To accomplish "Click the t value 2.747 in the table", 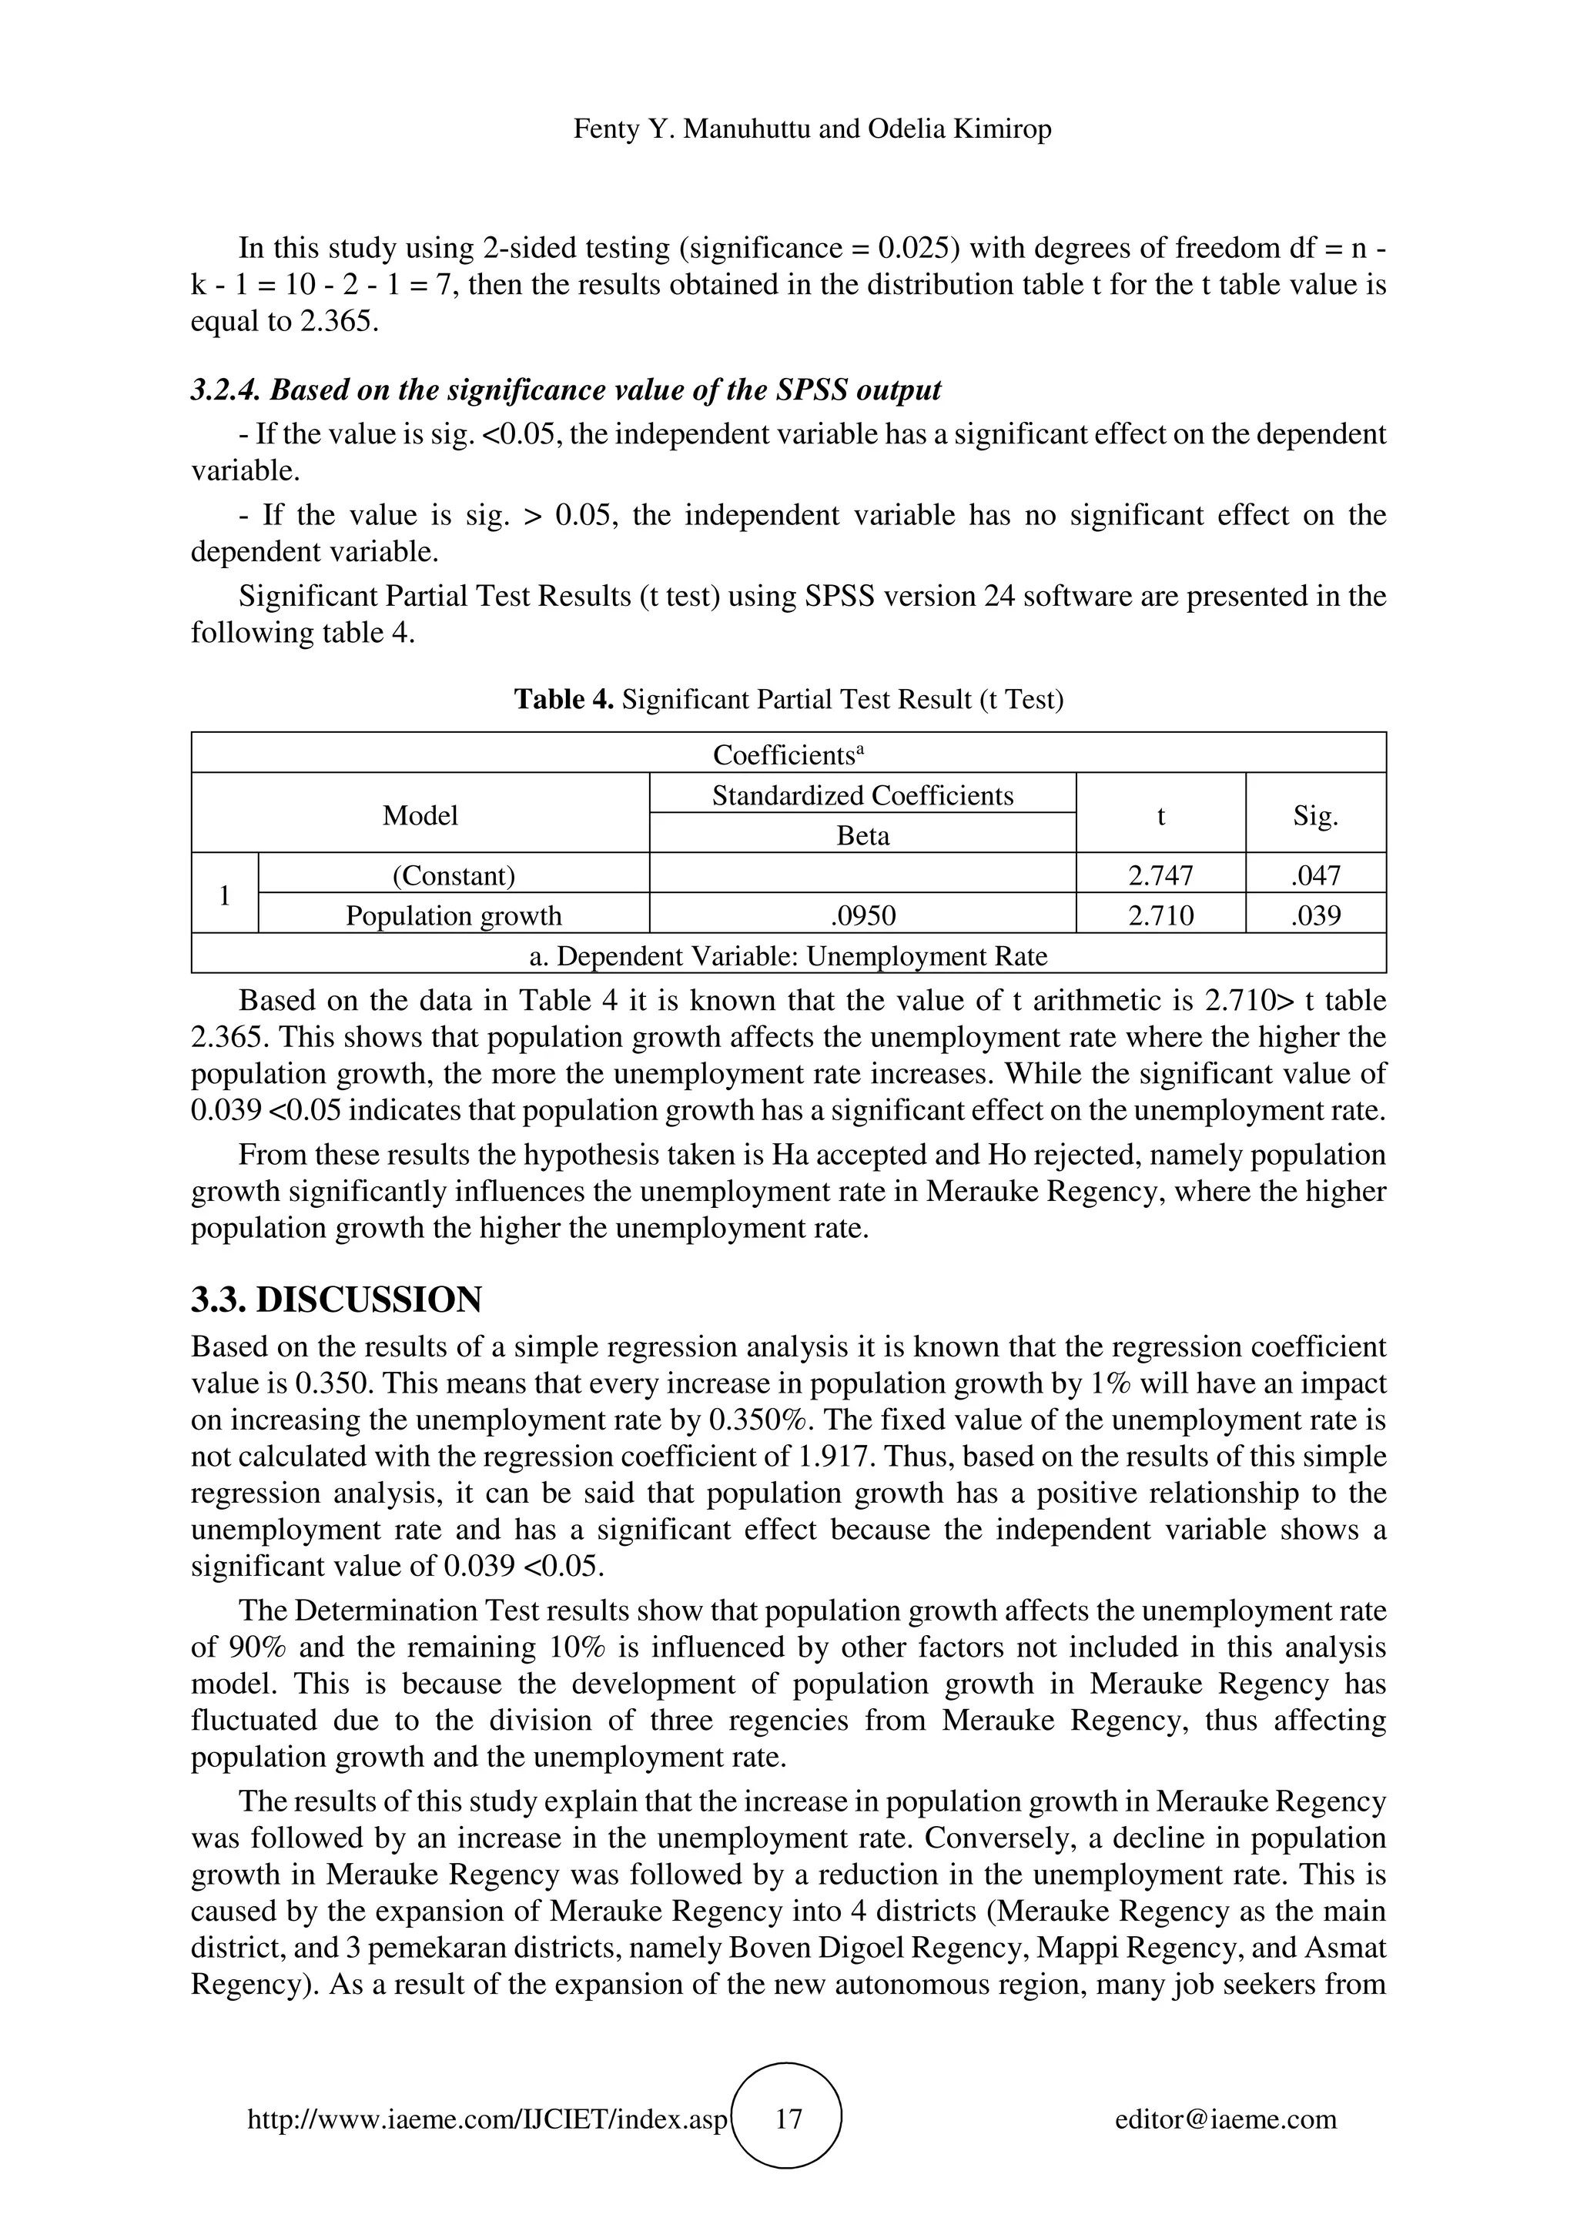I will point(1160,875).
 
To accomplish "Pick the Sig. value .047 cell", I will point(1316,875).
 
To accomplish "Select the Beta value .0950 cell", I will point(863,915).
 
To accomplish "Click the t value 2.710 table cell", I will point(1160,915).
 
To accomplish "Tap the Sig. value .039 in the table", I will point(1316,915).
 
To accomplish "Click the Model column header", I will point(420,815).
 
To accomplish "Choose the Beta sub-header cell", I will point(863,835).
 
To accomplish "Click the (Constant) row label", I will point(454,875).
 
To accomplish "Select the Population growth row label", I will point(454,915).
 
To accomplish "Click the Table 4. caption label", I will point(564,699).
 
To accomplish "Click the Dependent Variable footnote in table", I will point(788,956).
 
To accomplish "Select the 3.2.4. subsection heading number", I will point(226,390).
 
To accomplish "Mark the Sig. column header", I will point(1316,815).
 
